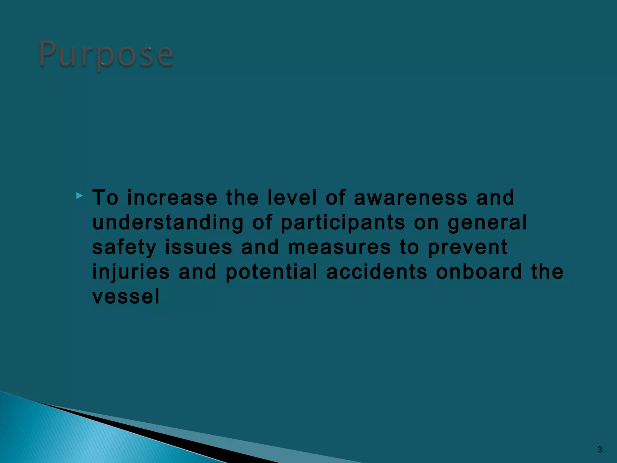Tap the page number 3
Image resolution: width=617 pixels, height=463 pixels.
click(600, 449)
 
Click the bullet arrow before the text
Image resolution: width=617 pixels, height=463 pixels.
click(80, 196)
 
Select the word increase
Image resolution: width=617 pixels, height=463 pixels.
click(172, 198)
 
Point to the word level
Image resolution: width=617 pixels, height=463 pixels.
click(292, 198)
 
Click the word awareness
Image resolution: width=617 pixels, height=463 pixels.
click(410, 198)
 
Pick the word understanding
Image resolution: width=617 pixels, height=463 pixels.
click(168, 223)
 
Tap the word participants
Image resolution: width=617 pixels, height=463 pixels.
click(343, 223)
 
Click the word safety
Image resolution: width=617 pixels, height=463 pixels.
click(124, 248)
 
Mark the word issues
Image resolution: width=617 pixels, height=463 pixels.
click(199, 247)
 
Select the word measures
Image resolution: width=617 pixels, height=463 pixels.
click(340, 247)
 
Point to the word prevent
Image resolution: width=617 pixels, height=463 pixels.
click(468, 248)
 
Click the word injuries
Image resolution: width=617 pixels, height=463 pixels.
click(131, 272)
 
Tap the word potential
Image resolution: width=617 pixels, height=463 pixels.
click(271, 272)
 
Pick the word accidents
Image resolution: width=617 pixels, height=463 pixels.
click(377, 272)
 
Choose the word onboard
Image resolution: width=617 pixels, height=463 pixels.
click(479, 272)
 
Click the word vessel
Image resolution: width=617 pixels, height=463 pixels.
click(126, 297)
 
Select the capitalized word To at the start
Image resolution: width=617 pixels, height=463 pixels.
click(105, 198)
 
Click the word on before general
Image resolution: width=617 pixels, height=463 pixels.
click(426, 223)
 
